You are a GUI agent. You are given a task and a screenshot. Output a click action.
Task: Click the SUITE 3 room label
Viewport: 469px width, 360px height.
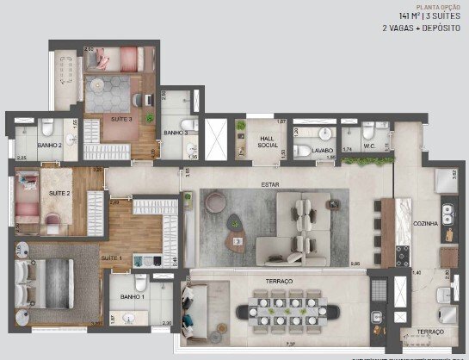[x=121, y=118]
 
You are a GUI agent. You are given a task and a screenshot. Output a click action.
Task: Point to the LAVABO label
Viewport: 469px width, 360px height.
[x=323, y=151]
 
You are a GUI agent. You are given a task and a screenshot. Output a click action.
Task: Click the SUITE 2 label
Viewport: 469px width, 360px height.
[x=59, y=194]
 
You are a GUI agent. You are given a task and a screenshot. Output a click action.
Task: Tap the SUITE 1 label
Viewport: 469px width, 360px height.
[x=112, y=258]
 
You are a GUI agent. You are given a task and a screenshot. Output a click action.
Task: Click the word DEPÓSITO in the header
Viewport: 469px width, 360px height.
[x=435, y=28]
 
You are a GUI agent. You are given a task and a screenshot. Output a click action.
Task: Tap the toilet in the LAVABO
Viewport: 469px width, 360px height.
[x=303, y=151]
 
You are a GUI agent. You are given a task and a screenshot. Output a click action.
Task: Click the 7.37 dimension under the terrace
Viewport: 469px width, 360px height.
[x=266, y=343]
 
